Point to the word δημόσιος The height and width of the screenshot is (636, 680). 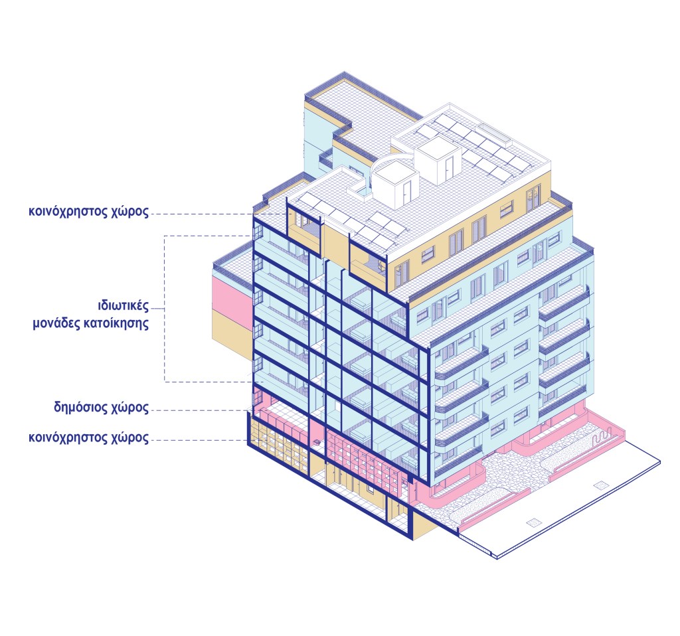pos(81,407)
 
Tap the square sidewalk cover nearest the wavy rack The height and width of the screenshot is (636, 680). pos(602,484)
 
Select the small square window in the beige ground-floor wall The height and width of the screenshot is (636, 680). pos(316,443)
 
